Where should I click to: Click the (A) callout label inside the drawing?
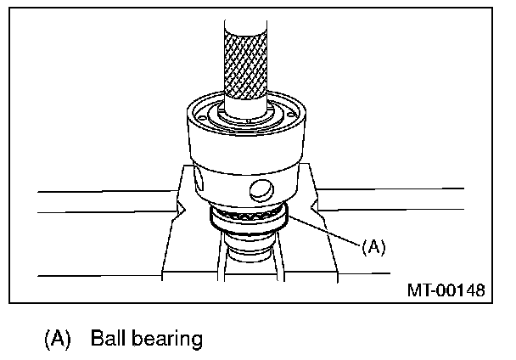(x=373, y=246)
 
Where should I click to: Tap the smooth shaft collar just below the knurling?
(x=246, y=107)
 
